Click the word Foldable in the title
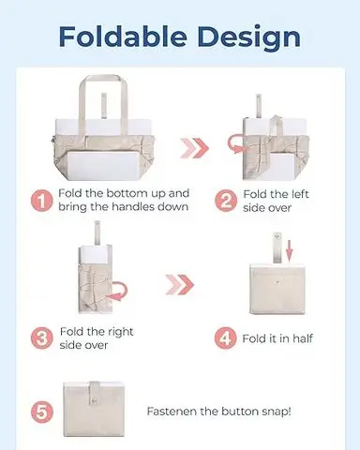coord(123,37)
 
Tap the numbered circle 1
coord(41,201)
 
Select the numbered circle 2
coord(225,201)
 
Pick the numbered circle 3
coord(41,338)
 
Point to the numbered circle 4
coord(225,338)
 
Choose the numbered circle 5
coord(42,412)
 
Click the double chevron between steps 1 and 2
coord(194,147)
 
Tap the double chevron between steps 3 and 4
coord(180,284)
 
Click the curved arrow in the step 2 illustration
coord(235,142)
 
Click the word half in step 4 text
coord(301,338)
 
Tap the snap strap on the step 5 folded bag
coord(94,396)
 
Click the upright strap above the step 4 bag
coord(277,247)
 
